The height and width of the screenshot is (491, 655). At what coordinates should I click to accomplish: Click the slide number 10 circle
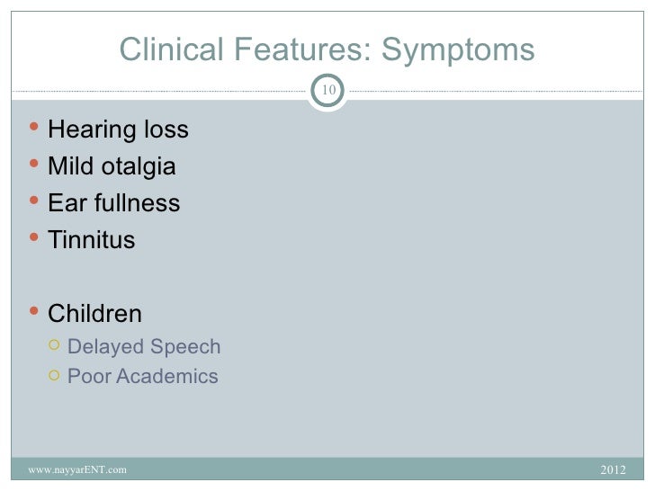[328, 90]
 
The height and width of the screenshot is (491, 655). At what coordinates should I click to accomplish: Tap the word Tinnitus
[91, 241]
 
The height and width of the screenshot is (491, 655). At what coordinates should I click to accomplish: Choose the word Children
[94, 314]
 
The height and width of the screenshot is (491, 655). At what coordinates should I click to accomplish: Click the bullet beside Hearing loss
[34, 129]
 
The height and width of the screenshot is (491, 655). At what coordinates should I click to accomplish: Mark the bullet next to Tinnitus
[34, 239]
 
